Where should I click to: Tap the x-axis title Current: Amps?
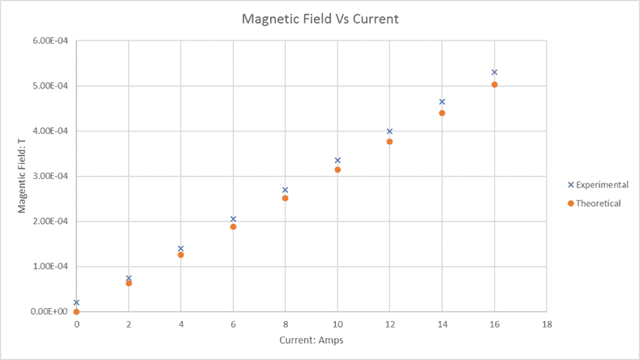point(311,340)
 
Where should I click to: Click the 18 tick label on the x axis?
point(547,324)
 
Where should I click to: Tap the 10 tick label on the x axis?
point(337,324)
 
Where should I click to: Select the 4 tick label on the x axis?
point(181,324)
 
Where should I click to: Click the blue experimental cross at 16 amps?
point(494,72)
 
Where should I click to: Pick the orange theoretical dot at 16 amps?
point(494,84)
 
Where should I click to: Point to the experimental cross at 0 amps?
point(76,302)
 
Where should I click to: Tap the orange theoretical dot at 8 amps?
point(285,198)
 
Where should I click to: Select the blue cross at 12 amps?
point(389,131)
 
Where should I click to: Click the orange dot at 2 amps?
point(128,283)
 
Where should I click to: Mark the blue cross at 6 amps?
point(233,219)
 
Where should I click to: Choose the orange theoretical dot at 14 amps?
point(442,113)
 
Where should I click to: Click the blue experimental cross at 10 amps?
point(337,160)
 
